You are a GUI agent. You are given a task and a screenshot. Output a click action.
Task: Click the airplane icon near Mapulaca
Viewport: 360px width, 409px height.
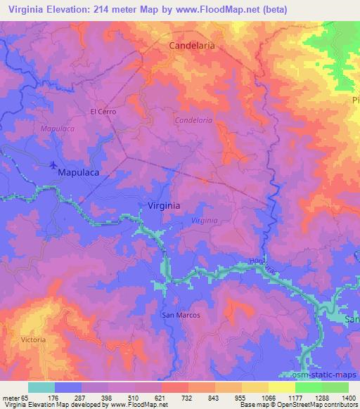pos(54,166)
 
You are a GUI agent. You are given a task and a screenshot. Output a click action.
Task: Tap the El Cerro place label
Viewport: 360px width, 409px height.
pos(103,111)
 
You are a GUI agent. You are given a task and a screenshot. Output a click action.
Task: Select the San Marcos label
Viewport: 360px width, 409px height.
pos(181,315)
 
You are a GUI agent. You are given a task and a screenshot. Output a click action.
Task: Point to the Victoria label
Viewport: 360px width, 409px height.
pos(33,339)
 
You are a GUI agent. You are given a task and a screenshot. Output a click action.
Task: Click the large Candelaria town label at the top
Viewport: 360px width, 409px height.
pos(191,45)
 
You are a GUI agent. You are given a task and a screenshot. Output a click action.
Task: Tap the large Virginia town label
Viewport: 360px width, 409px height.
pos(165,206)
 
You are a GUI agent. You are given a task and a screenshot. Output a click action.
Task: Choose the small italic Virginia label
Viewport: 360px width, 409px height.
pos(205,220)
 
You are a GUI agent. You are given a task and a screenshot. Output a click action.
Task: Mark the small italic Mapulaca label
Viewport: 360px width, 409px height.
pos(58,129)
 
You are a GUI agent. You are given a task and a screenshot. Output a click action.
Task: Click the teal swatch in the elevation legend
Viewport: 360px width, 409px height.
pos(41,387)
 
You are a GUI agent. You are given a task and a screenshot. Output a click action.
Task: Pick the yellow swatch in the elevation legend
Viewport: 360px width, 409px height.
pos(281,387)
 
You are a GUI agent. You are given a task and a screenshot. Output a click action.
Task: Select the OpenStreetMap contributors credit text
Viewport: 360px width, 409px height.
pos(314,404)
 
